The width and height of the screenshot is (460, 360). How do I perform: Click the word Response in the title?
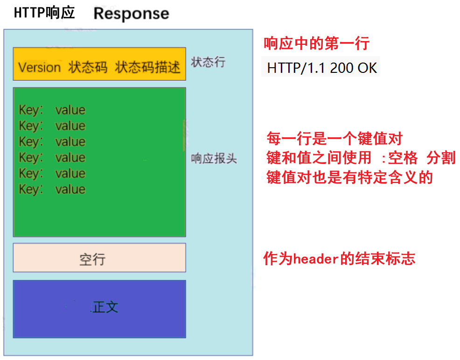pyautogui.click(x=131, y=13)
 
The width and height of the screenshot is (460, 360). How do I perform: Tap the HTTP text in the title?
pyautogui.click(x=29, y=13)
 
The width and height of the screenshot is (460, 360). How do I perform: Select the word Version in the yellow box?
pyautogui.click(x=40, y=68)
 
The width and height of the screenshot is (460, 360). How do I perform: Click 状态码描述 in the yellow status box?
pyautogui.click(x=147, y=68)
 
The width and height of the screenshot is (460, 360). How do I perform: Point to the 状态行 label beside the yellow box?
pyautogui.click(x=208, y=62)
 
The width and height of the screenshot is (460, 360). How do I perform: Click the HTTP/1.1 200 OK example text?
pyautogui.click(x=322, y=68)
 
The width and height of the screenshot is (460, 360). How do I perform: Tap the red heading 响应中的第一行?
pyautogui.click(x=317, y=44)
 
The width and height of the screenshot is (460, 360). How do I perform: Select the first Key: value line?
pyautogui.click(x=52, y=110)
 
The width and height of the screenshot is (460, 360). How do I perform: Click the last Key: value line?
pyautogui.click(x=52, y=190)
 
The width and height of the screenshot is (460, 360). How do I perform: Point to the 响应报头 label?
pyautogui.click(x=214, y=159)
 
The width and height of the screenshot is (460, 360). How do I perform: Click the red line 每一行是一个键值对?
pyautogui.click(x=334, y=139)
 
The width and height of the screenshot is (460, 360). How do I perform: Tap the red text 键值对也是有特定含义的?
pyautogui.click(x=349, y=177)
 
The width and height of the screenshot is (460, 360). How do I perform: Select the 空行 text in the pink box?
pyautogui.click(x=92, y=259)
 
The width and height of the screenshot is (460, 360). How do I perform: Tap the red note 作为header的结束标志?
pyautogui.click(x=339, y=259)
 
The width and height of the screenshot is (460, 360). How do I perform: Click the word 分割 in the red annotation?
pyautogui.click(x=441, y=158)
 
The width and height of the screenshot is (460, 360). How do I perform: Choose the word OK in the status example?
pyautogui.click(x=367, y=68)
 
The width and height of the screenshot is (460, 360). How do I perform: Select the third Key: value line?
pyautogui.click(x=52, y=142)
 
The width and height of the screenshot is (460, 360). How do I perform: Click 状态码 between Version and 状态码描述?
pyautogui.click(x=88, y=68)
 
